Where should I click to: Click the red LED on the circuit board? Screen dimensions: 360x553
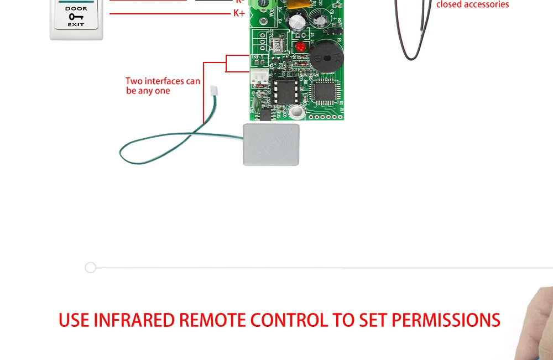click(x=300, y=47)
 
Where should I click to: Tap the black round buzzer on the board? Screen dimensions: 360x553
click(x=326, y=55)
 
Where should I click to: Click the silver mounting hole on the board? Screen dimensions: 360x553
click(x=297, y=113)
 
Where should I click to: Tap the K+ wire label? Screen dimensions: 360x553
click(x=239, y=13)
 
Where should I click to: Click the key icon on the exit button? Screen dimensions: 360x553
click(x=76, y=17)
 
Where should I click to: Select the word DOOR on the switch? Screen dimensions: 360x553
click(x=76, y=9)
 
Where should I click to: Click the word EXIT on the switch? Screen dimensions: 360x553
click(x=76, y=24)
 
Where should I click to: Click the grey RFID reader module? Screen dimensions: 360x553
click(x=271, y=144)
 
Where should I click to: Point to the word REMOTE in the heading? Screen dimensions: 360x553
click(x=213, y=320)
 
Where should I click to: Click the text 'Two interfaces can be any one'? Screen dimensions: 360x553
click(x=163, y=86)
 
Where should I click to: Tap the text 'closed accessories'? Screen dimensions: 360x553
click(x=472, y=5)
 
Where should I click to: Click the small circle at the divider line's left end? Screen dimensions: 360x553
click(x=91, y=268)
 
